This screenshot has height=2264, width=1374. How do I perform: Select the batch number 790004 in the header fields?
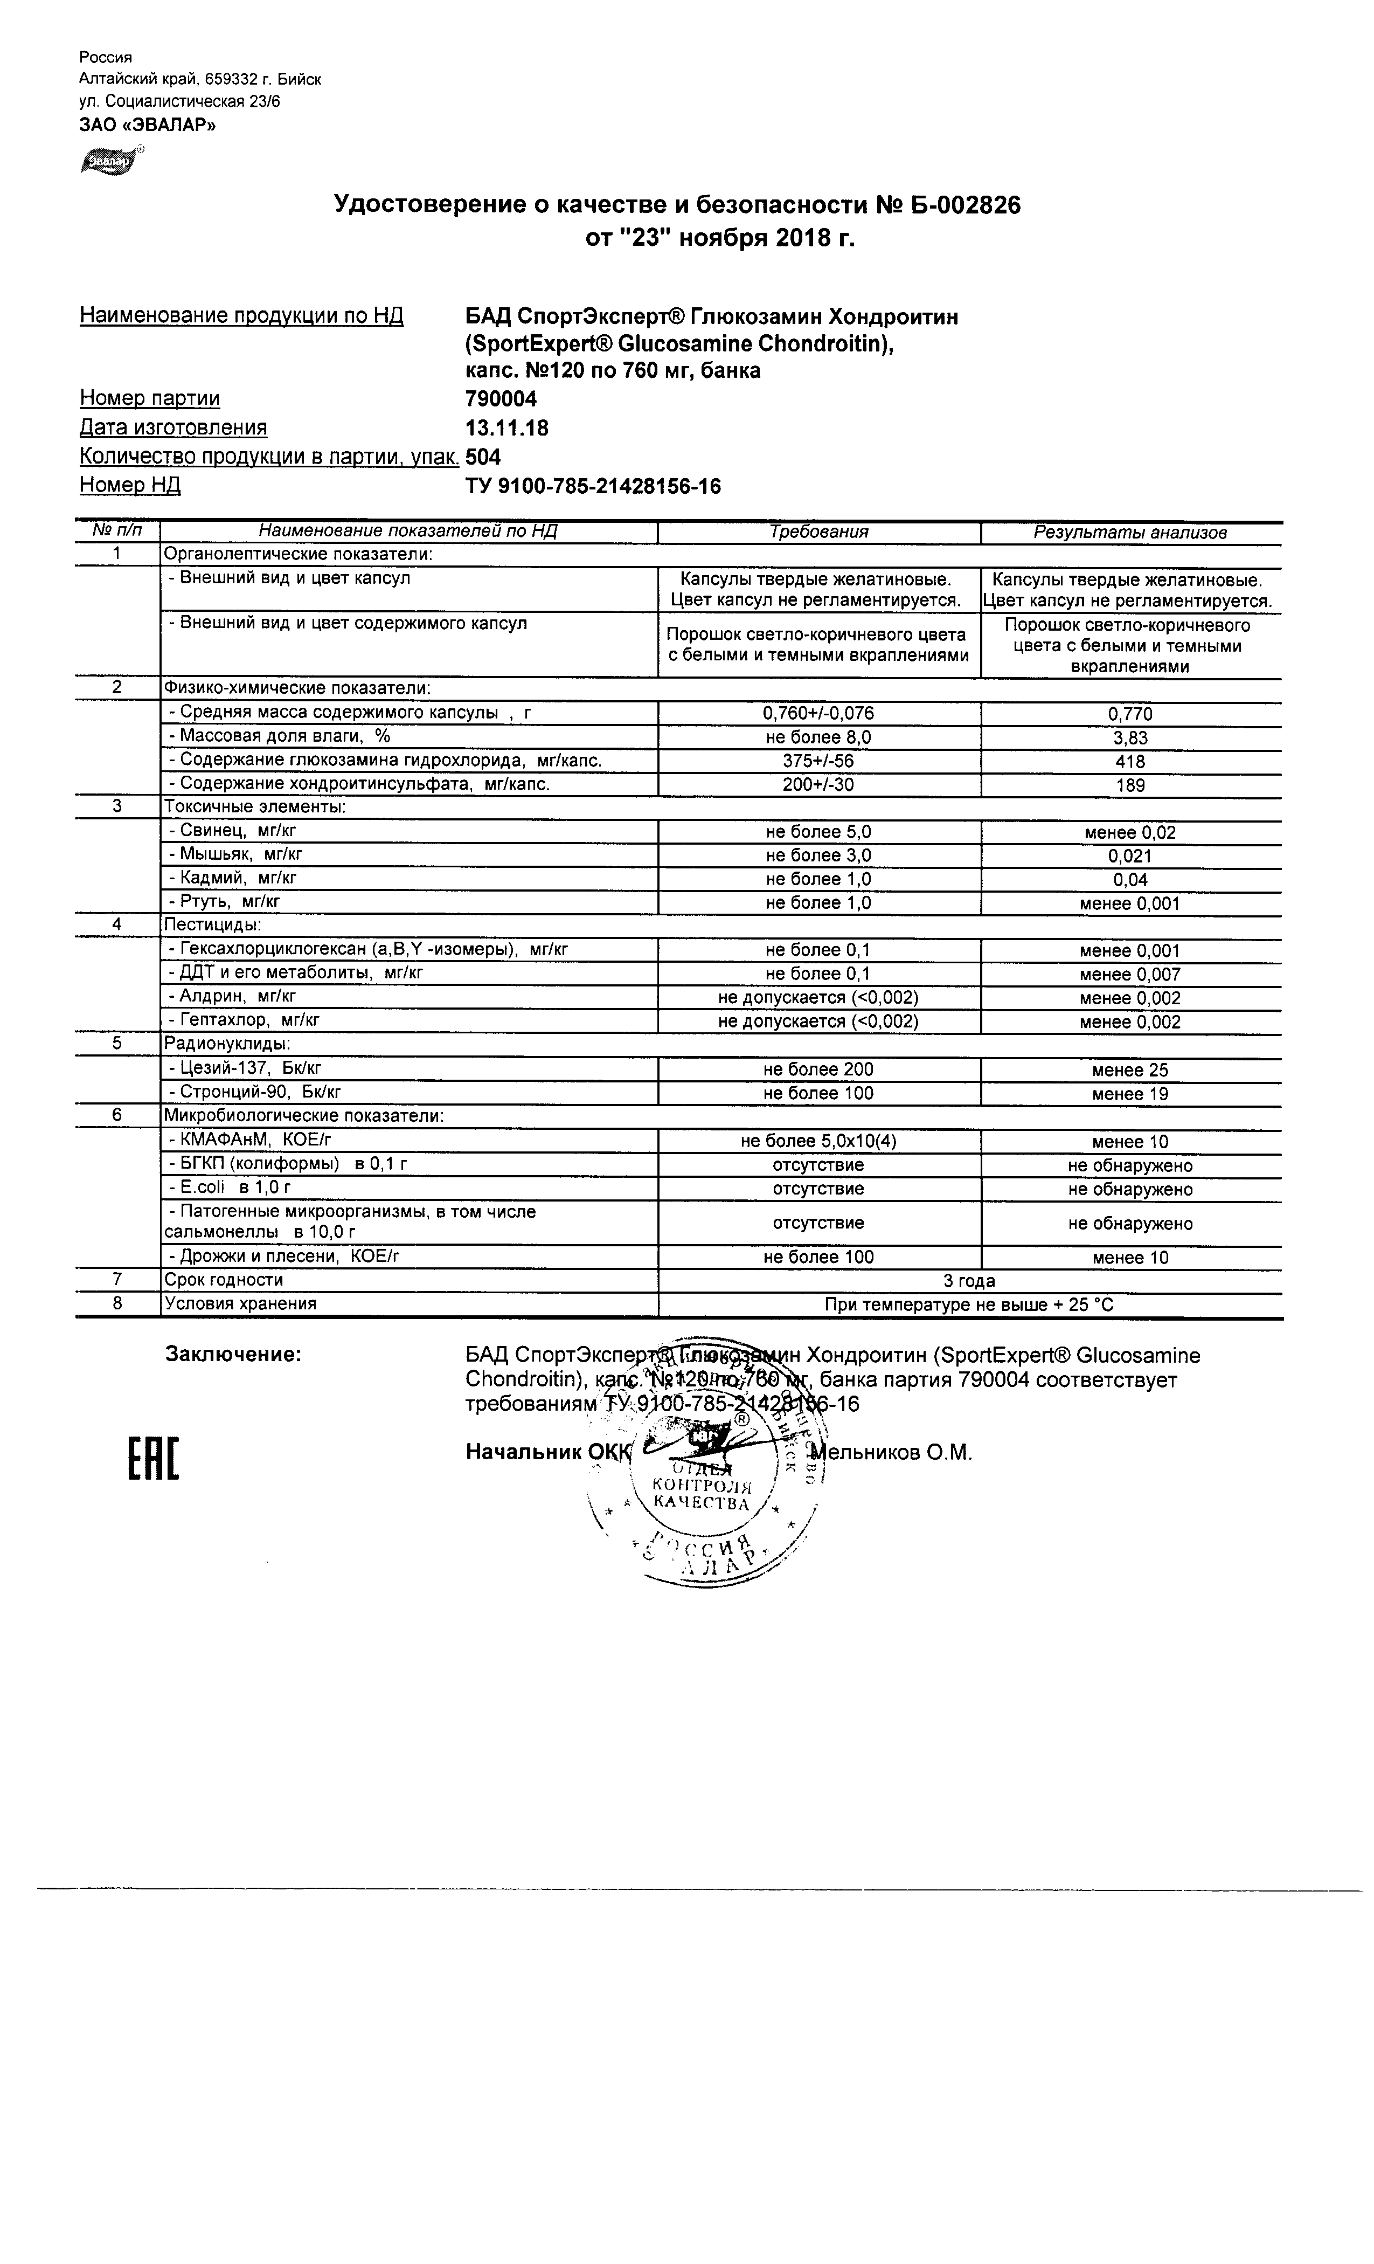(x=502, y=399)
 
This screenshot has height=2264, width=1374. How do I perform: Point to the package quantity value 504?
(x=483, y=457)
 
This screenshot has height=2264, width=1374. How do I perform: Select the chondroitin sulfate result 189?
(x=1130, y=785)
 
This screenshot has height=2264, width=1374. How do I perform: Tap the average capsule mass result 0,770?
(x=1130, y=714)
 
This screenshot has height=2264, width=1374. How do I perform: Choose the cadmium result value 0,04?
(x=1130, y=879)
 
